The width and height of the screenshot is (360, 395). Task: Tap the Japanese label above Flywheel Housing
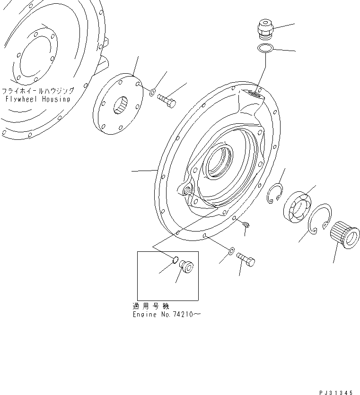[x=37, y=91]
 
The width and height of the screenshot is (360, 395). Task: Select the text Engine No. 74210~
[x=166, y=314]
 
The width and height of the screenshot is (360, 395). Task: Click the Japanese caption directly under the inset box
[x=150, y=306]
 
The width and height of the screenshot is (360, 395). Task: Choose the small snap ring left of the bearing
[x=273, y=195]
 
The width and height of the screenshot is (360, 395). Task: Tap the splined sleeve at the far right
[x=343, y=235]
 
